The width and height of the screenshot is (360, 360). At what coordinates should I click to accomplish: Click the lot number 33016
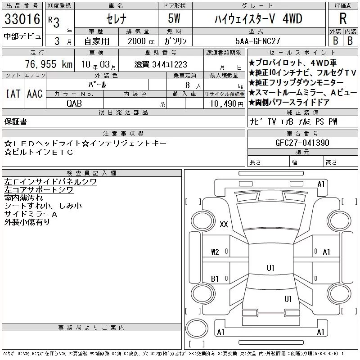click(22, 19)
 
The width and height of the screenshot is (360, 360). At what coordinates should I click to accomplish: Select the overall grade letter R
click(343, 18)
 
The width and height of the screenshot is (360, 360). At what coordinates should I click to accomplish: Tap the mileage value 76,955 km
click(49, 64)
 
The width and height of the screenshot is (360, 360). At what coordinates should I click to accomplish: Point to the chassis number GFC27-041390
click(302, 143)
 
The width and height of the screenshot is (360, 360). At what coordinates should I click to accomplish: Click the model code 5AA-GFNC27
click(258, 41)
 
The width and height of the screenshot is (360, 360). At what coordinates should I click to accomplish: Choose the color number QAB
click(74, 103)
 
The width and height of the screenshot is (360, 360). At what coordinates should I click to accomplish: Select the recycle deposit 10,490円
click(227, 104)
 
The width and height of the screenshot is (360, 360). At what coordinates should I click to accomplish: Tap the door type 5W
click(174, 18)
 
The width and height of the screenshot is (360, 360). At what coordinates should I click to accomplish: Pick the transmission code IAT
click(13, 94)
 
